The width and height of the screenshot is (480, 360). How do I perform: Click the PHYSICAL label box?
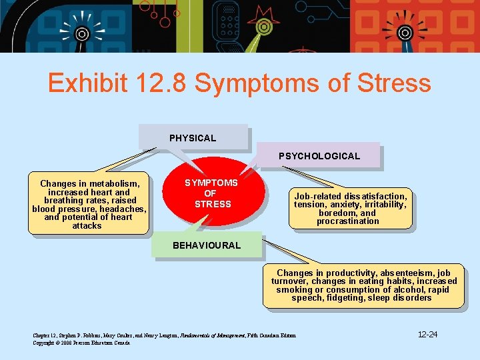pyautogui.click(x=193, y=138)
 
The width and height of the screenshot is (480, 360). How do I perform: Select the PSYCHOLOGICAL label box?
pyautogui.click(x=319, y=156)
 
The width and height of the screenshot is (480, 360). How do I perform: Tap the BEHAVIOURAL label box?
pyautogui.click(x=207, y=245)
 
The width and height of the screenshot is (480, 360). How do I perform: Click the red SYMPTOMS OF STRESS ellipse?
pyautogui.click(x=212, y=193)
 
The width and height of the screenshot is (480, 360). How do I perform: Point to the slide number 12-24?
pyautogui.click(x=427, y=334)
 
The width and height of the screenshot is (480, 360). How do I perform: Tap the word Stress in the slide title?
pyautogui.click(x=394, y=84)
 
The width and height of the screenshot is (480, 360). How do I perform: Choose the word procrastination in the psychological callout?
pyautogui.click(x=348, y=221)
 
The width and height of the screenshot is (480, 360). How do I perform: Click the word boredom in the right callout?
pyautogui.click(x=338, y=213)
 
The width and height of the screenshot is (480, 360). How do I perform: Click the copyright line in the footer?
pyautogui.click(x=81, y=343)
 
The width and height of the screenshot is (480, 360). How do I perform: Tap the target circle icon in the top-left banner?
pyautogui.click(x=82, y=33)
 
